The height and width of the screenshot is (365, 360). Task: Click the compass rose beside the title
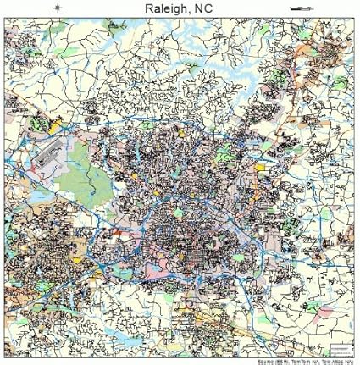tap(56, 8)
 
